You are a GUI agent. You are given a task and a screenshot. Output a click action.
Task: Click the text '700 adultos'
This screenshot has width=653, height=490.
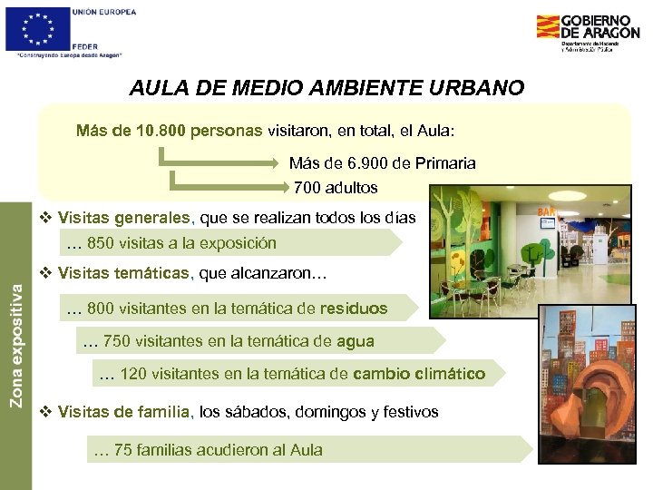pos(336,188)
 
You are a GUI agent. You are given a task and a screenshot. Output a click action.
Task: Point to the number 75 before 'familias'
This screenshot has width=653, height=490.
pos(122,449)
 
